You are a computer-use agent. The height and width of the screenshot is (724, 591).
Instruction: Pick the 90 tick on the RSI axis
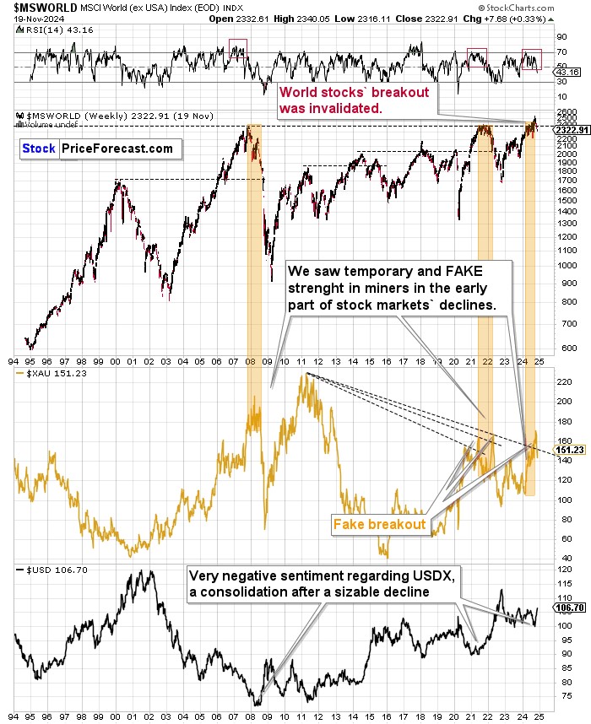pyautogui.click(x=560, y=37)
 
